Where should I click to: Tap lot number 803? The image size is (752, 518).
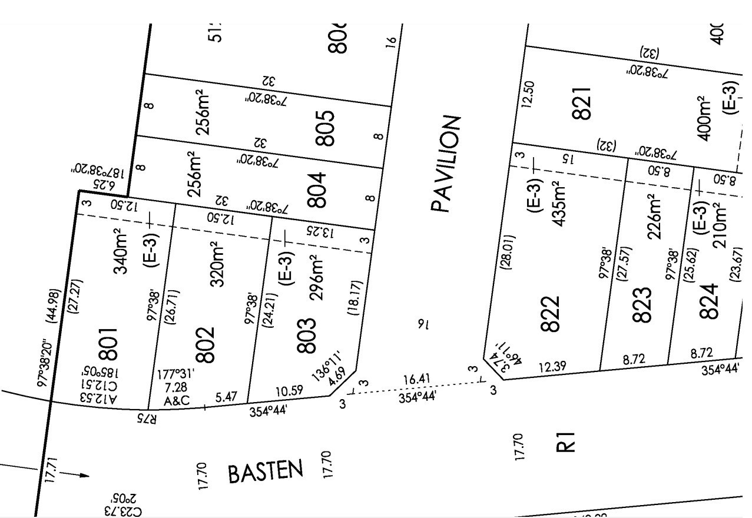point(307,336)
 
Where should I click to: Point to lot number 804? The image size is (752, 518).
point(316,190)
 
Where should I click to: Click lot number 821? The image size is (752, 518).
point(581,104)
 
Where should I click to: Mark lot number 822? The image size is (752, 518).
point(549,314)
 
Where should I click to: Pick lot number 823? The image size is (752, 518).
point(642,305)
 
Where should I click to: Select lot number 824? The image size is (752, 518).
point(710,301)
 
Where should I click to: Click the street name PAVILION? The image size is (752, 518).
point(445,164)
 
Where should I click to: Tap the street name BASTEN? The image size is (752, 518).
point(266,472)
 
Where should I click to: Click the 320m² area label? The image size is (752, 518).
point(217,264)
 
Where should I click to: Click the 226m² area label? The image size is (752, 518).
point(654,217)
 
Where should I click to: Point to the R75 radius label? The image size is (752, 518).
point(147,419)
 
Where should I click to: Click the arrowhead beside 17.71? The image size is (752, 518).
point(83,475)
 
